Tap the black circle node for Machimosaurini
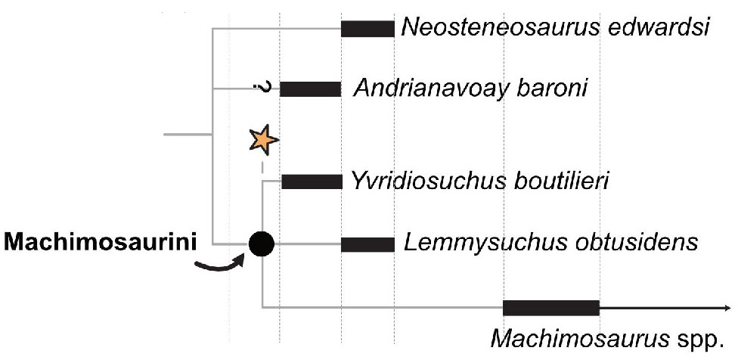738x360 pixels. coord(262,244)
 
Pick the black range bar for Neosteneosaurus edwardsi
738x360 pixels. coord(367,29)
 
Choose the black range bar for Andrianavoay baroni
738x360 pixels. coord(310,89)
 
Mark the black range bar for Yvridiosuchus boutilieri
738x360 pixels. coord(311,182)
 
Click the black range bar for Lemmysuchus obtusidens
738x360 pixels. coord(367,244)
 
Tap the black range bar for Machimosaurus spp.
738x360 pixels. coord(550,307)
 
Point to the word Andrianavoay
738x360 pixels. coord(435,90)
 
